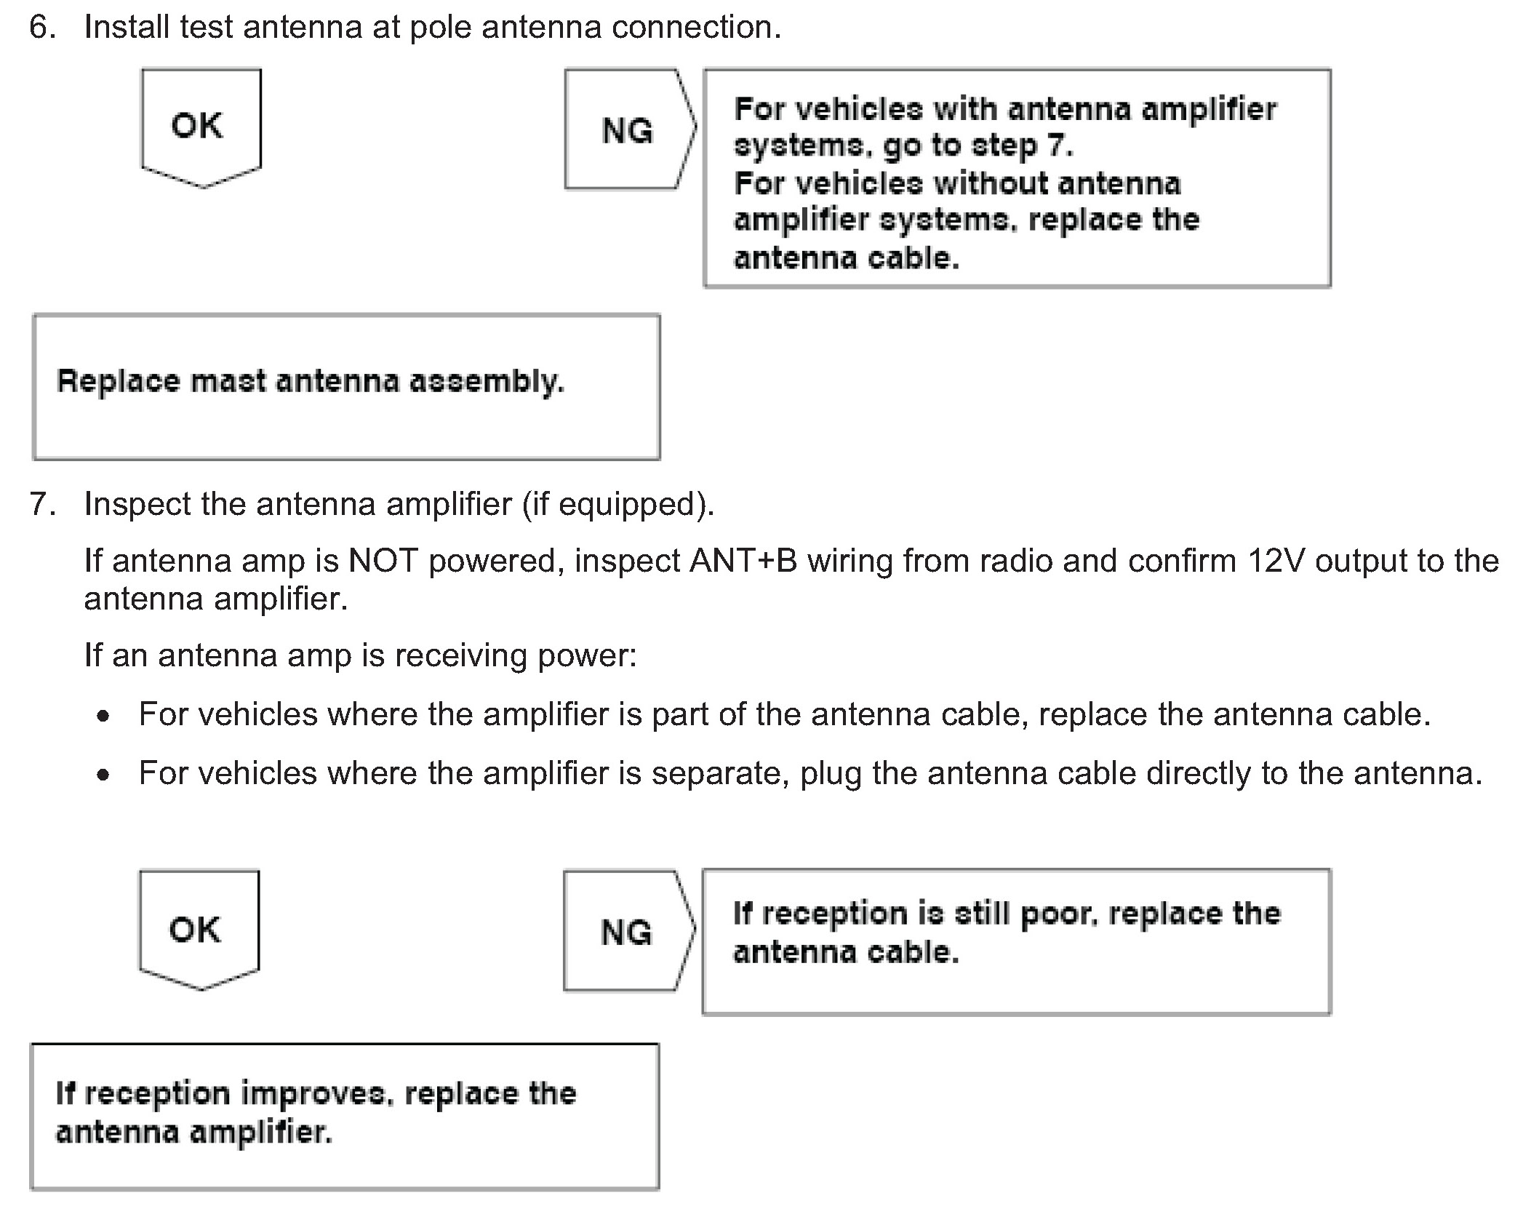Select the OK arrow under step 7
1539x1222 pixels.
(198, 929)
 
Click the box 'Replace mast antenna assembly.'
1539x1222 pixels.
(346, 387)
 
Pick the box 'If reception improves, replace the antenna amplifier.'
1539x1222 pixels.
(344, 1117)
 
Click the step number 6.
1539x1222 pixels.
(41, 28)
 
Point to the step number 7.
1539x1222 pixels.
(41, 504)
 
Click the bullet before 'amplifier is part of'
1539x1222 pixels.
(104, 716)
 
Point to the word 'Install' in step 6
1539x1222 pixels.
(127, 28)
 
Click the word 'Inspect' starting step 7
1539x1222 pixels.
(137, 504)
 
